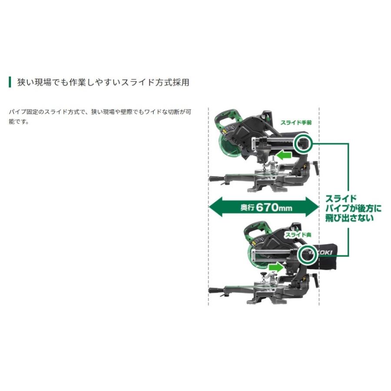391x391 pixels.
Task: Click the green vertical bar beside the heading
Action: tap(10, 82)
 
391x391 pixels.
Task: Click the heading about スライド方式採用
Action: tap(103, 82)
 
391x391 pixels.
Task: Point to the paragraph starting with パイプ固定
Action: tap(100, 117)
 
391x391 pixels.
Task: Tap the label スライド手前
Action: tap(296, 123)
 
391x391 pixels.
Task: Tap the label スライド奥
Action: tap(298, 235)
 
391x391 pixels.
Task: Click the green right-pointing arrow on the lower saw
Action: tap(276, 267)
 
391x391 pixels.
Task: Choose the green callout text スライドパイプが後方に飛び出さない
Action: tap(353, 209)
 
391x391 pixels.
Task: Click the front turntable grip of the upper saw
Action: tap(216, 179)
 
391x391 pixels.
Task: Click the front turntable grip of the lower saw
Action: tap(216, 290)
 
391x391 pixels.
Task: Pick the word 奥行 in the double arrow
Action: tap(247, 207)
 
